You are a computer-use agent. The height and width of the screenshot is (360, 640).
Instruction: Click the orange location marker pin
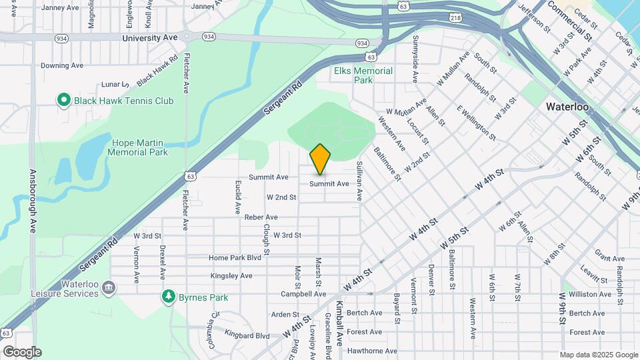pos(320,159)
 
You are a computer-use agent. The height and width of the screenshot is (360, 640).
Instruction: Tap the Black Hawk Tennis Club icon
pos(63,101)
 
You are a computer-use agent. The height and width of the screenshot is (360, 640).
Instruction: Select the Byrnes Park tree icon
pos(169,297)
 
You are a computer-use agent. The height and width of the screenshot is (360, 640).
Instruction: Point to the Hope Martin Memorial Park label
pos(139,147)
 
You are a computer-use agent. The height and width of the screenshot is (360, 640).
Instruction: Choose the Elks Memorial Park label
pos(363,75)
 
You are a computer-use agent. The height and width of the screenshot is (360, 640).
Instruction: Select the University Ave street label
pos(150,38)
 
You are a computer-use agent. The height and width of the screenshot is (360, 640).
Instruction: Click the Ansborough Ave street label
pos(31,200)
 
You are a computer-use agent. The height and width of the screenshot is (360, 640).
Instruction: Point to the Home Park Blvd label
pos(235,258)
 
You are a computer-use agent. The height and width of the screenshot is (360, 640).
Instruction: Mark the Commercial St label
pos(569,21)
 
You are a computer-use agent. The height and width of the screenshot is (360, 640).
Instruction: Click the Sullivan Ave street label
pos(359,180)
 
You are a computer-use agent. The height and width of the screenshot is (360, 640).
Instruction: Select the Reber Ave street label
pos(261,217)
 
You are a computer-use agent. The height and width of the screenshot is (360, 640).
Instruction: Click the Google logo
pos(21,352)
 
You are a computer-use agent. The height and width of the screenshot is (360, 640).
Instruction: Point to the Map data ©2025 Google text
pos(598,355)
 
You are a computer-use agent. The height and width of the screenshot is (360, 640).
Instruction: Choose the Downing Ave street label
pos(62,65)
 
